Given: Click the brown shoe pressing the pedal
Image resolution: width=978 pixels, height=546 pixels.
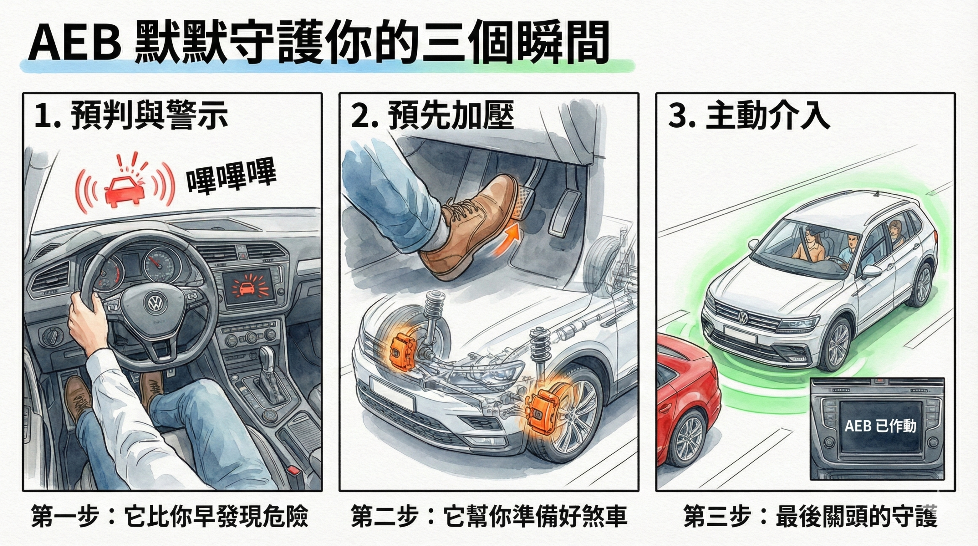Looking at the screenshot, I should pos(466,229).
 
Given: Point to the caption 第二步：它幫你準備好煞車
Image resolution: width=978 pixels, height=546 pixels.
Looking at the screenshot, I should pos(489,517).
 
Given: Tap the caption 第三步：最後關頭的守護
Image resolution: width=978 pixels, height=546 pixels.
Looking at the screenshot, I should pos(810,517).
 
